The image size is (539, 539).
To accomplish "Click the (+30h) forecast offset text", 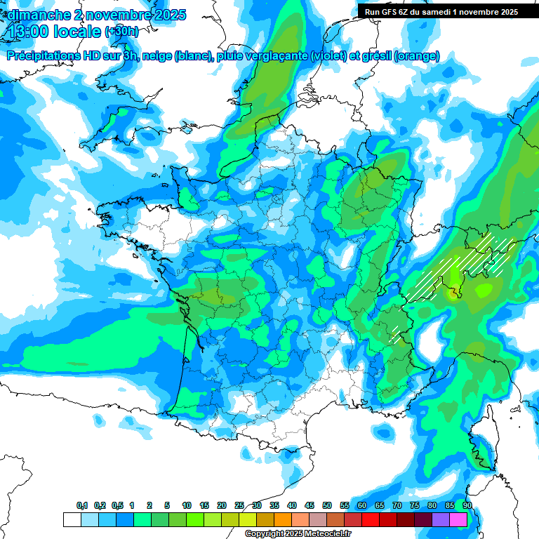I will [121, 32].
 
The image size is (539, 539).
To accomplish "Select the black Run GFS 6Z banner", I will [448, 11].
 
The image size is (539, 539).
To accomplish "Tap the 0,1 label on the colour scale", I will [81, 505].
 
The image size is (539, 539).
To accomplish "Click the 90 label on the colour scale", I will [467, 505].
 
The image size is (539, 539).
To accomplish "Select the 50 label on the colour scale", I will [327, 505].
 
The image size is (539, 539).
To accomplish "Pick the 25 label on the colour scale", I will [239, 505].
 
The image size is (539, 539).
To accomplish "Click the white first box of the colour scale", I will [72, 520].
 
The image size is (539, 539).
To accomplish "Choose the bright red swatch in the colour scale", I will [371, 520].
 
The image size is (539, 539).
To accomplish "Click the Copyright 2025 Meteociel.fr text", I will [298, 533].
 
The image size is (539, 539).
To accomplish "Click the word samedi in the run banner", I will [437, 11].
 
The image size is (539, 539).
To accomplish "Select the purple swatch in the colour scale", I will [441, 520].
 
